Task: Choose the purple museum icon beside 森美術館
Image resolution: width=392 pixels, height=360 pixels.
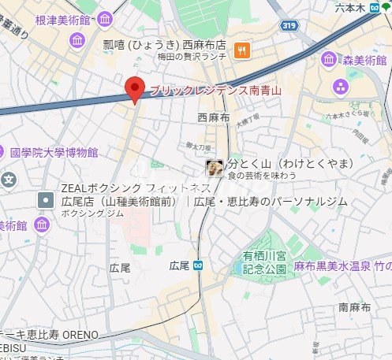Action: click(330, 58)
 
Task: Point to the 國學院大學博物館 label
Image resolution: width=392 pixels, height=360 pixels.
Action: click(54, 152)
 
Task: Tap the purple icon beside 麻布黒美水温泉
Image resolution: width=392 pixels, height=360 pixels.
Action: click(278, 269)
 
